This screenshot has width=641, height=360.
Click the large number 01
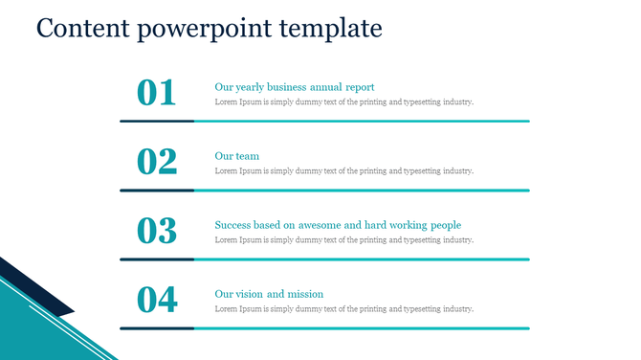click(157, 93)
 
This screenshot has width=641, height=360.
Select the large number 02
click(157, 162)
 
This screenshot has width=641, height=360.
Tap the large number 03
click(157, 231)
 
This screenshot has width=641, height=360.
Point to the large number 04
click(157, 300)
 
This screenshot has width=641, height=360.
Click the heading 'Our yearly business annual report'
click(295, 87)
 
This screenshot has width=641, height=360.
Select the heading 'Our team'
click(237, 156)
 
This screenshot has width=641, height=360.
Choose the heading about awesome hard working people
click(338, 225)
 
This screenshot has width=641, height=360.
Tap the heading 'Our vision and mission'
click(269, 294)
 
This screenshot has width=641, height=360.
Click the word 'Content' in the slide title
click(81, 28)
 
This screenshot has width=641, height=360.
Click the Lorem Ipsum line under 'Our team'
click(344, 170)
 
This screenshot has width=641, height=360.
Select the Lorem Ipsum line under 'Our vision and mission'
click(344, 308)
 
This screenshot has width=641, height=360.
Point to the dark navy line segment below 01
click(157, 122)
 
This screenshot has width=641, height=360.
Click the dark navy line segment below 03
click(157, 259)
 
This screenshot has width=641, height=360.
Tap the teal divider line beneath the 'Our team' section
click(362, 191)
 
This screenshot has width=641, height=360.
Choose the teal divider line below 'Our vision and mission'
click(362, 328)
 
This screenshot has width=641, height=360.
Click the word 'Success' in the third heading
click(233, 225)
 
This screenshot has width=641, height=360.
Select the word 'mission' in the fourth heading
click(306, 294)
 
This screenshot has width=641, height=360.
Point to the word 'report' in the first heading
click(359, 87)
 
